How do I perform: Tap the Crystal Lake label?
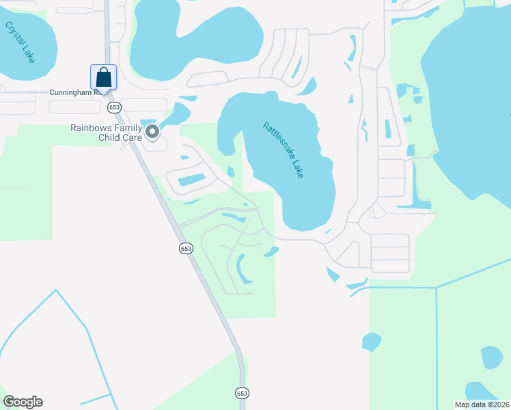click(x=20, y=42)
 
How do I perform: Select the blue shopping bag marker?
click(x=103, y=77)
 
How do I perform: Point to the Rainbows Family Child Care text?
click(x=106, y=133)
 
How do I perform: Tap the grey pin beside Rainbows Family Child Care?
click(x=152, y=131)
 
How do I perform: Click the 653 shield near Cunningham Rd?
click(x=114, y=107)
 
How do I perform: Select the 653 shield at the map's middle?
click(x=187, y=249)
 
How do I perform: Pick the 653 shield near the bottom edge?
click(x=242, y=393)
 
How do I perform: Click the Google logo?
click(x=23, y=402)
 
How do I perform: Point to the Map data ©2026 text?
click(x=482, y=405)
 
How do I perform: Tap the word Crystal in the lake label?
click(x=14, y=34)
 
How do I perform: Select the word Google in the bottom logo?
click(x=23, y=402)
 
